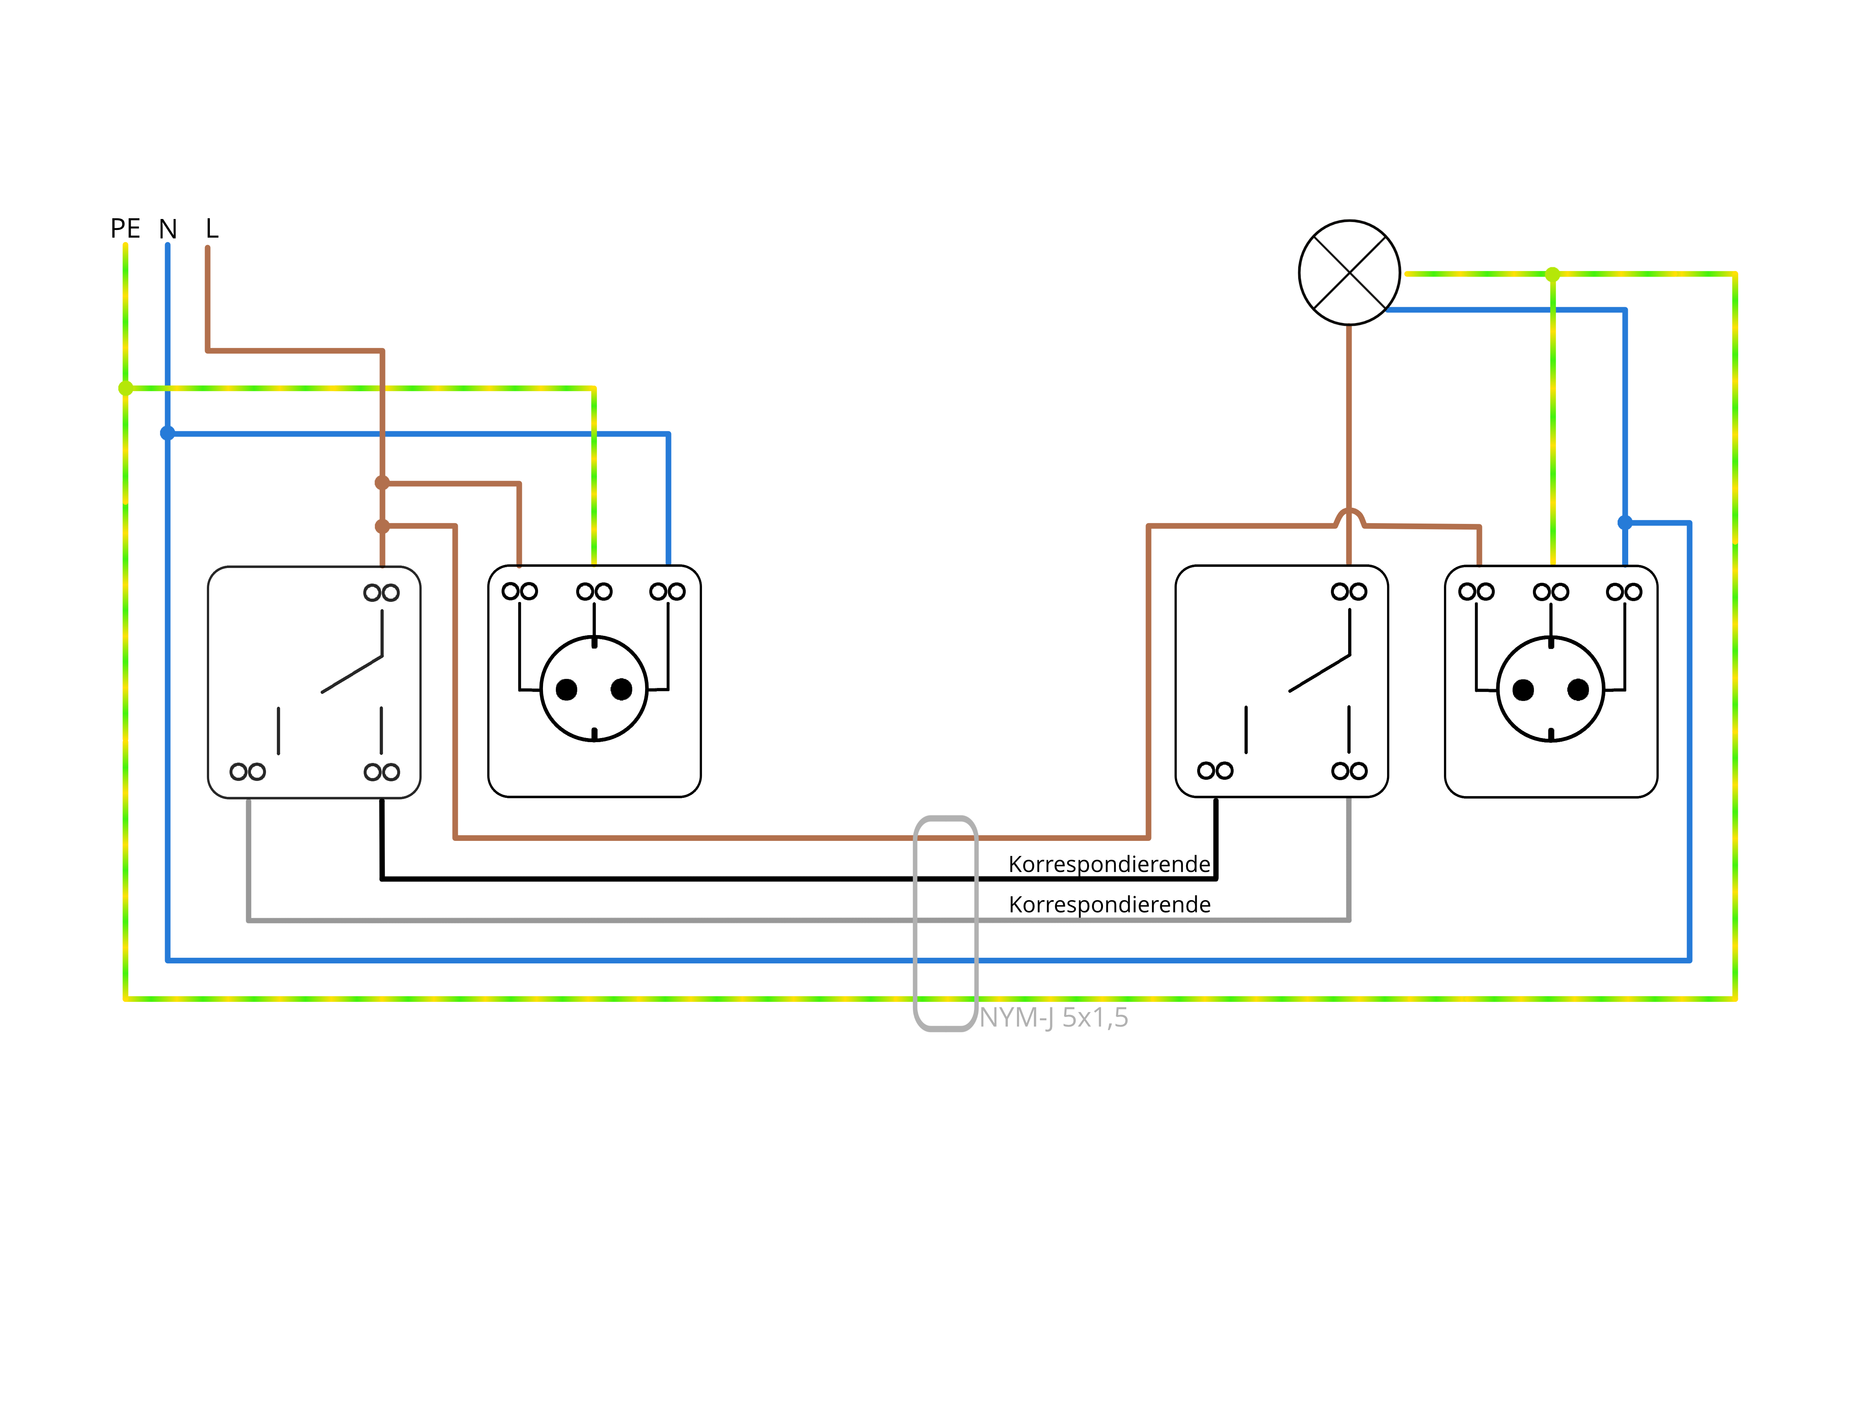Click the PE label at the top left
tap(125, 228)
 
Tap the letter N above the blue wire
tap(168, 229)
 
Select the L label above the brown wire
tap(211, 228)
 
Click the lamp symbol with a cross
tap(1349, 273)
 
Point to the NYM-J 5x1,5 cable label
tap(1054, 1017)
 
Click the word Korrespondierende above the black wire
tap(1109, 864)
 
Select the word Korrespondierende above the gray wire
tap(1109, 905)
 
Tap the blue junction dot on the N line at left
tap(168, 433)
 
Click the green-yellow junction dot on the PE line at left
tap(125, 389)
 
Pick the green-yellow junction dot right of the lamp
tap(1552, 274)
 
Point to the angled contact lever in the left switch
tap(352, 674)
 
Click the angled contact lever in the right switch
tap(1319, 674)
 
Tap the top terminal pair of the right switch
tap(1349, 591)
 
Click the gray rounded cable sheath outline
tap(916, 922)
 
